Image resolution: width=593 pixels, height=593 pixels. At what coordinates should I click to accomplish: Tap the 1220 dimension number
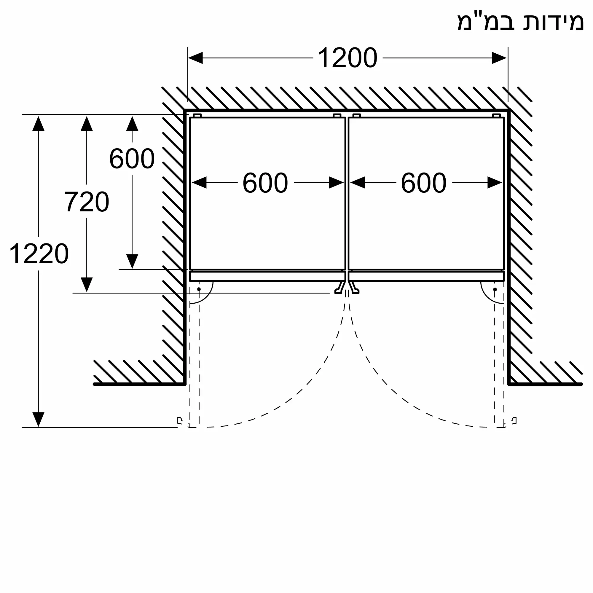click(39, 254)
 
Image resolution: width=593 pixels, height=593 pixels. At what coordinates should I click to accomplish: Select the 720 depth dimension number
click(87, 202)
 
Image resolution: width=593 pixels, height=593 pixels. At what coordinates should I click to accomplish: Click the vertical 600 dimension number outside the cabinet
click(132, 159)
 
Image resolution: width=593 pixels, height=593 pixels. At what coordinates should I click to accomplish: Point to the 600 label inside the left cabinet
click(265, 183)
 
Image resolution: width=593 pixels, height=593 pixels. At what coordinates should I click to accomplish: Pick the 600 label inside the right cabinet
click(424, 183)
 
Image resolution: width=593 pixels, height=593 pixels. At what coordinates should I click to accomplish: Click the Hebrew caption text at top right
click(520, 23)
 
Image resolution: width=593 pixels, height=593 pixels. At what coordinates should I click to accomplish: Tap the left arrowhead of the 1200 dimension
click(195, 58)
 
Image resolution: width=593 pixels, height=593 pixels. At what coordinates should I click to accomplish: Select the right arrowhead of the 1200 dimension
click(499, 58)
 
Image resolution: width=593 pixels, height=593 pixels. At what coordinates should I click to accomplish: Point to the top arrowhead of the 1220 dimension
click(38, 123)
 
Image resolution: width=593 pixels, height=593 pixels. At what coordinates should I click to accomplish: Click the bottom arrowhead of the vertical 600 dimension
click(132, 262)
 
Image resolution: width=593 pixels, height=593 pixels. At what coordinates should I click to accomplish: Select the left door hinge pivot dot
click(199, 289)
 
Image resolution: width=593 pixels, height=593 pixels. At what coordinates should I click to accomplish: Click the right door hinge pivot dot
click(495, 289)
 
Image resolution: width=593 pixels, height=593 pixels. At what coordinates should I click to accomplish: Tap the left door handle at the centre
click(339, 288)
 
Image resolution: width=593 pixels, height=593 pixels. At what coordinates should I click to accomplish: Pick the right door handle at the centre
click(354, 288)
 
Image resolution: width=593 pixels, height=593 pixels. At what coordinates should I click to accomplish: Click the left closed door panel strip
click(267, 276)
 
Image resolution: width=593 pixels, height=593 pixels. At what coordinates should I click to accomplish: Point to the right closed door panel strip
click(426, 276)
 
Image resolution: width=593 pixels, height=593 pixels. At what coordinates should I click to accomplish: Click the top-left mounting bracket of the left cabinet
click(197, 116)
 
